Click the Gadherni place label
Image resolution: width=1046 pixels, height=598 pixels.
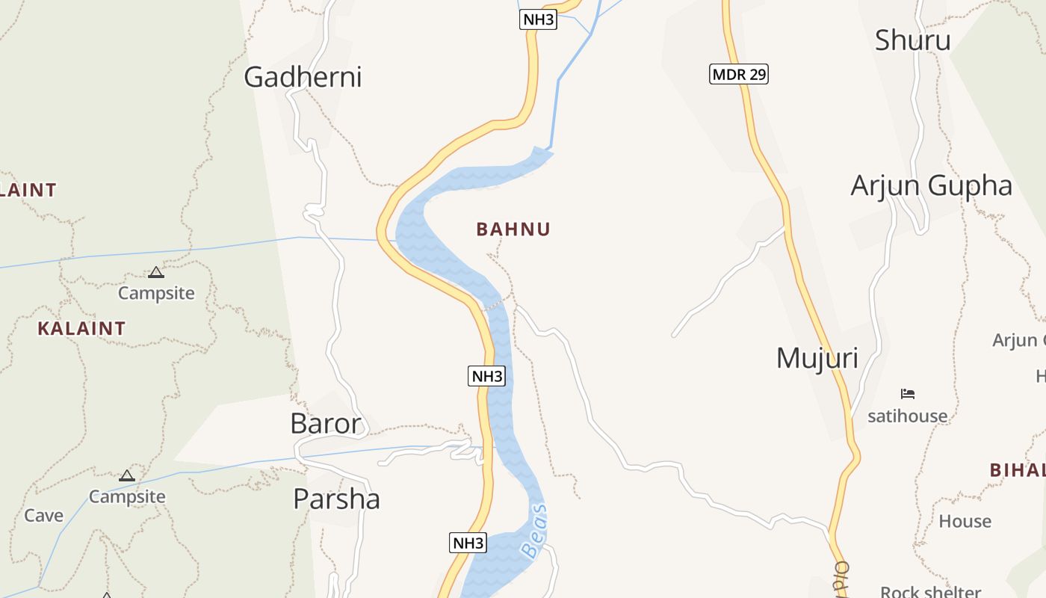click(303, 77)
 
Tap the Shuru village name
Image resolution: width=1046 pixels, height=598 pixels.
click(912, 40)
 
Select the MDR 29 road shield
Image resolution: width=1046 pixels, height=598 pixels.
click(739, 74)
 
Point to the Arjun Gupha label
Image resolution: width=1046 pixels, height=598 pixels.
click(931, 185)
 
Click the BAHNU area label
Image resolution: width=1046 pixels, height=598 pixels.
click(513, 229)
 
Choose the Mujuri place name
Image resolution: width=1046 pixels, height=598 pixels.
click(817, 358)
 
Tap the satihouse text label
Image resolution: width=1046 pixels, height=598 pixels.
click(907, 416)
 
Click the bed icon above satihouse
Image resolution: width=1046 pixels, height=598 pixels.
click(908, 394)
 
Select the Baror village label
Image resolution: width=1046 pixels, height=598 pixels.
click(326, 424)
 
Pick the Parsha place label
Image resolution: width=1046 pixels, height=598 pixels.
click(336, 499)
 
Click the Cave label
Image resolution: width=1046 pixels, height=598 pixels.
click(43, 515)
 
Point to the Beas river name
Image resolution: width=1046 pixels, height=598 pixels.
click(535, 531)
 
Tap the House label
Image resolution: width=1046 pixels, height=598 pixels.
click(965, 521)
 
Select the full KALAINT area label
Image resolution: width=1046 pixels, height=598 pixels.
click(81, 328)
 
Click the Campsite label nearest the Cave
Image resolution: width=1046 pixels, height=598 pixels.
click(127, 496)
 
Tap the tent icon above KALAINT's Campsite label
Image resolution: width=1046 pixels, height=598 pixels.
click(155, 272)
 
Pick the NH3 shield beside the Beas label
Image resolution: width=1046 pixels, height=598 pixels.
click(468, 543)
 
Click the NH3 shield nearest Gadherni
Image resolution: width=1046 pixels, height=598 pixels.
click(538, 19)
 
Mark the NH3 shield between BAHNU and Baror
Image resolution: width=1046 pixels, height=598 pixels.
click(486, 376)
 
